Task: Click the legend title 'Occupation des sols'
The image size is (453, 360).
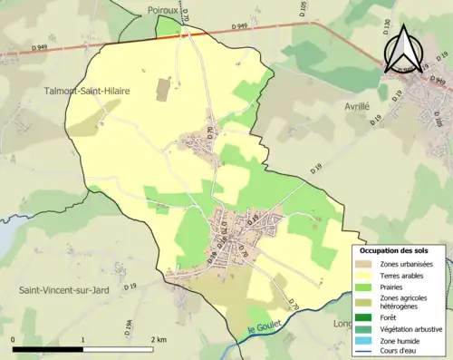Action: tap(394, 250)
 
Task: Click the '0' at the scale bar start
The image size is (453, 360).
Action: tap(14, 339)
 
